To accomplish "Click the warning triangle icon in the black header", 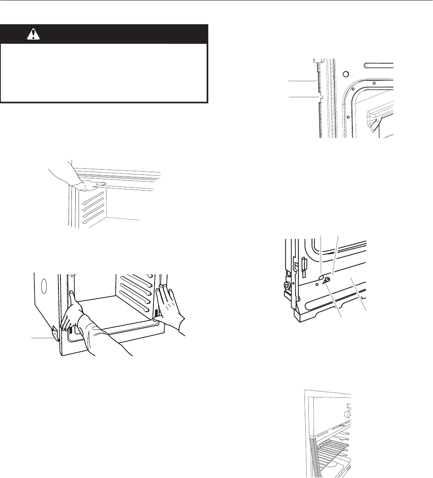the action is point(31,35).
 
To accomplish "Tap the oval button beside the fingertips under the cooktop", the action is point(104,184).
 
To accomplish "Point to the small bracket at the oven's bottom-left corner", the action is point(55,331).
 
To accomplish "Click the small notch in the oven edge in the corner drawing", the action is point(321,97).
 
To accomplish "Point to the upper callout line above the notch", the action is point(302,81).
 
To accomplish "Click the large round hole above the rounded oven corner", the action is point(346,74).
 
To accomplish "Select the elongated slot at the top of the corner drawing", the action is point(378,64).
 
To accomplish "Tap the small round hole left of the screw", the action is point(317,284).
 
